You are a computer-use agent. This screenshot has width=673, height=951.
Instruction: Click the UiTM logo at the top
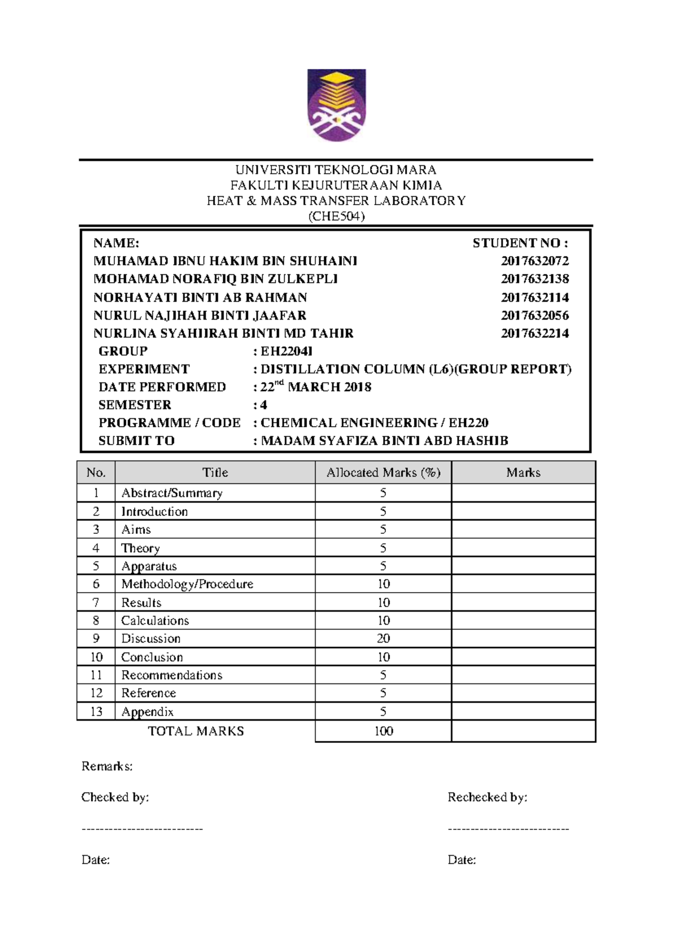[x=336, y=105]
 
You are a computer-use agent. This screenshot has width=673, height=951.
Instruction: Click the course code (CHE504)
[x=336, y=216]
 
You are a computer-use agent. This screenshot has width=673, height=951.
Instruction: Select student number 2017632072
[x=534, y=261]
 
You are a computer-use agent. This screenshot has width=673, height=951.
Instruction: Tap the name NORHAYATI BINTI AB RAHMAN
[x=200, y=297]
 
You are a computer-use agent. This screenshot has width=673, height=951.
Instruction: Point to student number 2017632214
[x=534, y=333]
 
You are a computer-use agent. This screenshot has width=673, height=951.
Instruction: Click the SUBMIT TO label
[x=136, y=441]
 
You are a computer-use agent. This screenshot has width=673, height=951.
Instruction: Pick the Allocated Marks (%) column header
[x=383, y=473]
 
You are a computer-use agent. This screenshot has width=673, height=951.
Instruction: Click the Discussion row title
[x=151, y=639]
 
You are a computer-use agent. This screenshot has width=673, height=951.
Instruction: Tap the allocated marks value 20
[x=383, y=639]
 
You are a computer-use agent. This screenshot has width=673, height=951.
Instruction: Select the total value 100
[x=383, y=731]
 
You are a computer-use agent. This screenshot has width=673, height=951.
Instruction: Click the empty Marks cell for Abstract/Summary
[x=523, y=493]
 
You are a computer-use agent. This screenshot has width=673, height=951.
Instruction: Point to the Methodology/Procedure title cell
[x=187, y=584]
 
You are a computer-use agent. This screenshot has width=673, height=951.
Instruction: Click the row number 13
[x=96, y=712]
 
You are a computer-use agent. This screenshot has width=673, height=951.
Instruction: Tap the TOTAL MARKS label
[x=196, y=731]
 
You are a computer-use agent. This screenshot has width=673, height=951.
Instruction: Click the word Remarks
[x=107, y=767]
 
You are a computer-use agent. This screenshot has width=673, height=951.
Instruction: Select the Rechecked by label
[x=487, y=797]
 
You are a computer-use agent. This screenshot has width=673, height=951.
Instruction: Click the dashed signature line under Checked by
[x=142, y=829]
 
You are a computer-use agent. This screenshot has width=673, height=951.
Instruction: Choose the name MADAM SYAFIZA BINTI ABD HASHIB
[x=384, y=441]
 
